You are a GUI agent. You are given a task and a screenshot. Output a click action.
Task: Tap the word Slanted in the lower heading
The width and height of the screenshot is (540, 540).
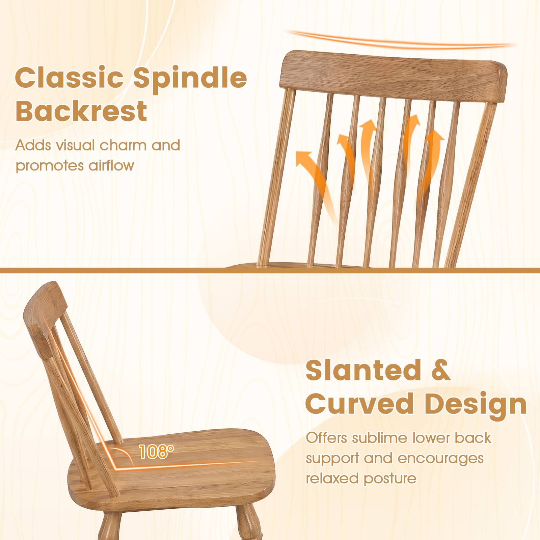[361, 371]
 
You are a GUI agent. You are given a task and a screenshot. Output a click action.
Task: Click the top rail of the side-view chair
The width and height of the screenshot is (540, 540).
[47, 304]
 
